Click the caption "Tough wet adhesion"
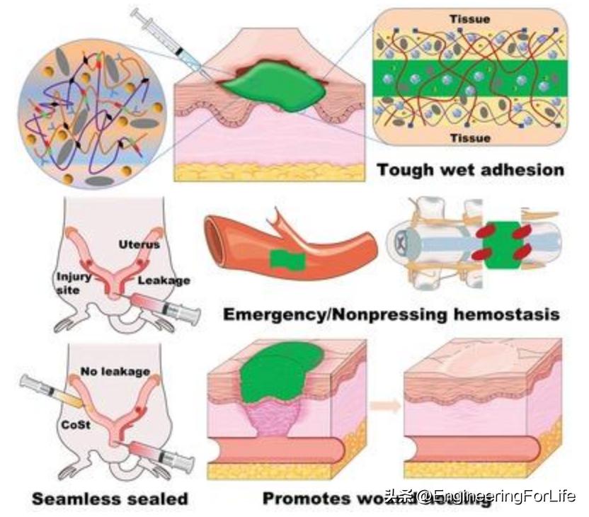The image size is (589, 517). [x=470, y=170]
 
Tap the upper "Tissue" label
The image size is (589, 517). [x=470, y=19]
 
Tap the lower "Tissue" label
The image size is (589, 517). [x=470, y=138]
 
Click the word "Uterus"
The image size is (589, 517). [x=139, y=244]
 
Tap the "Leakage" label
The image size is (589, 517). [x=164, y=280]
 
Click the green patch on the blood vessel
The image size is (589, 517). [x=287, y=259]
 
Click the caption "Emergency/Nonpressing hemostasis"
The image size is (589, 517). [x=391, y=314]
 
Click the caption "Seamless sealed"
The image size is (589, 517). [x=110, y=499]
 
